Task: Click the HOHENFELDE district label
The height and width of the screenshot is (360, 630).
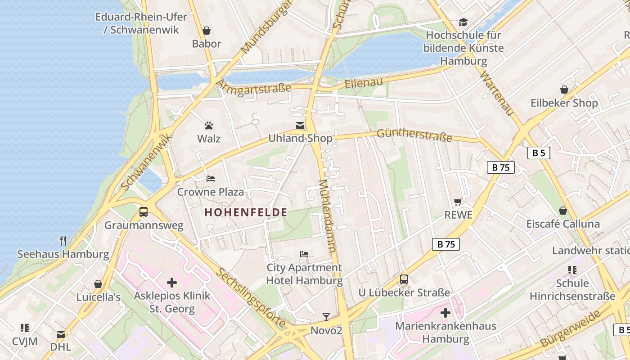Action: [246, 212]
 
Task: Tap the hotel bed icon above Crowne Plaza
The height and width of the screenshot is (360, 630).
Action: [210, 179]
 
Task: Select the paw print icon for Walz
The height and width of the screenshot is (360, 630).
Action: [209, 126]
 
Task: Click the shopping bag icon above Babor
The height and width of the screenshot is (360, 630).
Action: [207, 31]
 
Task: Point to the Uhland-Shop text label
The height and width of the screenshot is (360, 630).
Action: [300, 138]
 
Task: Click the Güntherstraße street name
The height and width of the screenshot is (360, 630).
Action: [414, 135]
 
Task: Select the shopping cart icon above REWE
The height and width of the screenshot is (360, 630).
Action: [458, 202]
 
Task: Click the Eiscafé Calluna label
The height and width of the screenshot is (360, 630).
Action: [563, 224]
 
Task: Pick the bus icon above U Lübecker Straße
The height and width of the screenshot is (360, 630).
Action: [404, 279]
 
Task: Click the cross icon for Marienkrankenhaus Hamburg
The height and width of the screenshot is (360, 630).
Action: [445, 313]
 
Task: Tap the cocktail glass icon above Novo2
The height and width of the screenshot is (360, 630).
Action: [326, 317]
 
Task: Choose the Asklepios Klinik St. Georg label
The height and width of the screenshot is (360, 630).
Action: [172, 302]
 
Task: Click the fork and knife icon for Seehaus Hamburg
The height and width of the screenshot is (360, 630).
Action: [63, 241]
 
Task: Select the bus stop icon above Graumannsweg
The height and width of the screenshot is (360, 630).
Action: [144, 211]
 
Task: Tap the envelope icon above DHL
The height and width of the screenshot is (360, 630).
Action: [61, 334]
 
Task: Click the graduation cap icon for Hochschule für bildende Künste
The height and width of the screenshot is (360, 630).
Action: [463, 22]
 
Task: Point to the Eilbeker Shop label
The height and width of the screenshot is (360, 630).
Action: [564, 103]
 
